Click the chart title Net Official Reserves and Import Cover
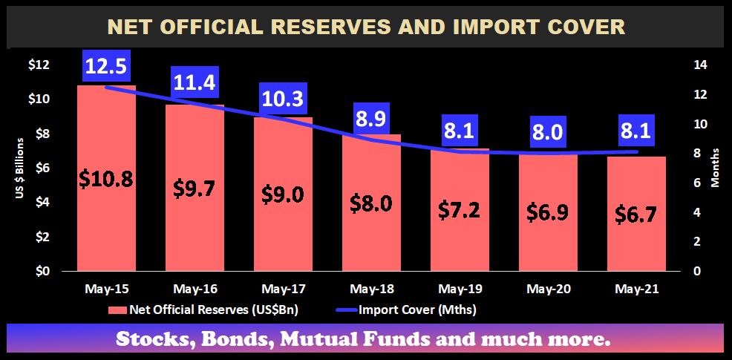tap(366, 27)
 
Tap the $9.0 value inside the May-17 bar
tap(283, 194)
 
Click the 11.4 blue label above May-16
tap(195, 82)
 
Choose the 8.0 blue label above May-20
tap(547, 133)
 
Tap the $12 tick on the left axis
tap(39, 65)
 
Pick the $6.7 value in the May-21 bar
tap(635, 215)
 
